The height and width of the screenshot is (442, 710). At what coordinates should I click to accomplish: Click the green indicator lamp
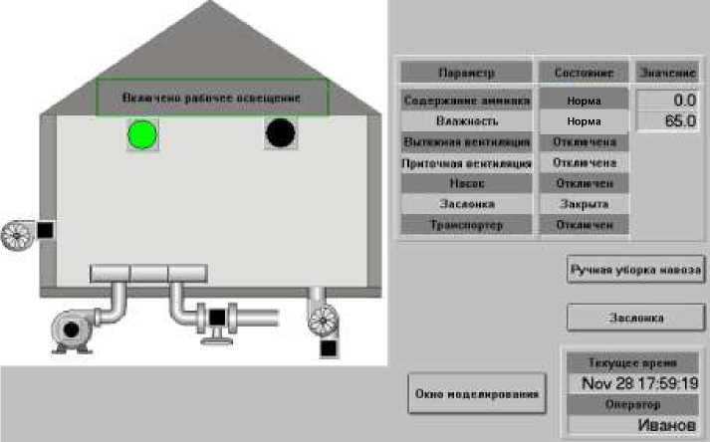[x=142, y=133]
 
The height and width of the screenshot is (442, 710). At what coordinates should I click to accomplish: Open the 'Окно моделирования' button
[x=478, y=394]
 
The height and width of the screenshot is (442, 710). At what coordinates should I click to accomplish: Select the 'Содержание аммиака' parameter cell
[x=466, y=101]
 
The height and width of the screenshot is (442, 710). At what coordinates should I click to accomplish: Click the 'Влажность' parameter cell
[x=466, y=121]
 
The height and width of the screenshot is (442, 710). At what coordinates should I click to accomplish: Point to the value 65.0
[x=666, y=121]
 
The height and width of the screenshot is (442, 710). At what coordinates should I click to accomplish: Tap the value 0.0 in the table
[x=666, y=101]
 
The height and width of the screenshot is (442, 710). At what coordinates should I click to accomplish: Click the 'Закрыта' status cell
[x=584, y=204]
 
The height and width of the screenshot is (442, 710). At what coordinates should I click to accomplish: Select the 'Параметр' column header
[x=466, y=73]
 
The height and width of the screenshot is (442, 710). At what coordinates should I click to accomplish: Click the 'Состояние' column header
[x=584, y=73]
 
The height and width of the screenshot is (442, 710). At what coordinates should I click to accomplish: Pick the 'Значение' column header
[x=666, y=73]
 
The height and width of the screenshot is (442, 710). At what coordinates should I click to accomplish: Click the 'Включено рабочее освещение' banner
[x=211, y=99]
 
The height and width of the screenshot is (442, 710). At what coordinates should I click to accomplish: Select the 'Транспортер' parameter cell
[x=466, y=225]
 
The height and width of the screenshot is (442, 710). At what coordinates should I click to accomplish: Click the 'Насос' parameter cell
[x=466, y=184]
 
